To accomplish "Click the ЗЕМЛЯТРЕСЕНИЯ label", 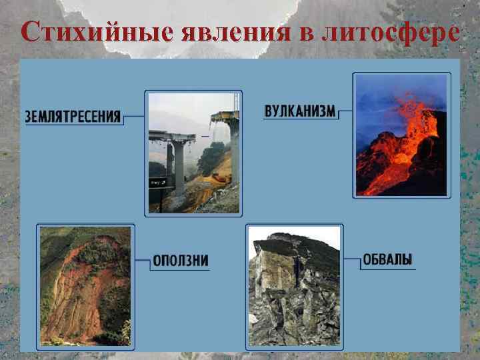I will (73, 117).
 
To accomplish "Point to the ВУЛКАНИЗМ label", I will (299, 111).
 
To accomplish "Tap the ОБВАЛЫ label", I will (387, 260).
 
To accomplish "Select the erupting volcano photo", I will (401, 135).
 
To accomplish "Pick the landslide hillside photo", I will (85, 286).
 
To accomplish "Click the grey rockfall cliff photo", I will (294, 287).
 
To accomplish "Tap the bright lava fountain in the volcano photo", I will (410, 117).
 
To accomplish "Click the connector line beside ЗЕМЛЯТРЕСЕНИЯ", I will (134, 117).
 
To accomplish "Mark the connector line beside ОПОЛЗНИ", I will (142, 260).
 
